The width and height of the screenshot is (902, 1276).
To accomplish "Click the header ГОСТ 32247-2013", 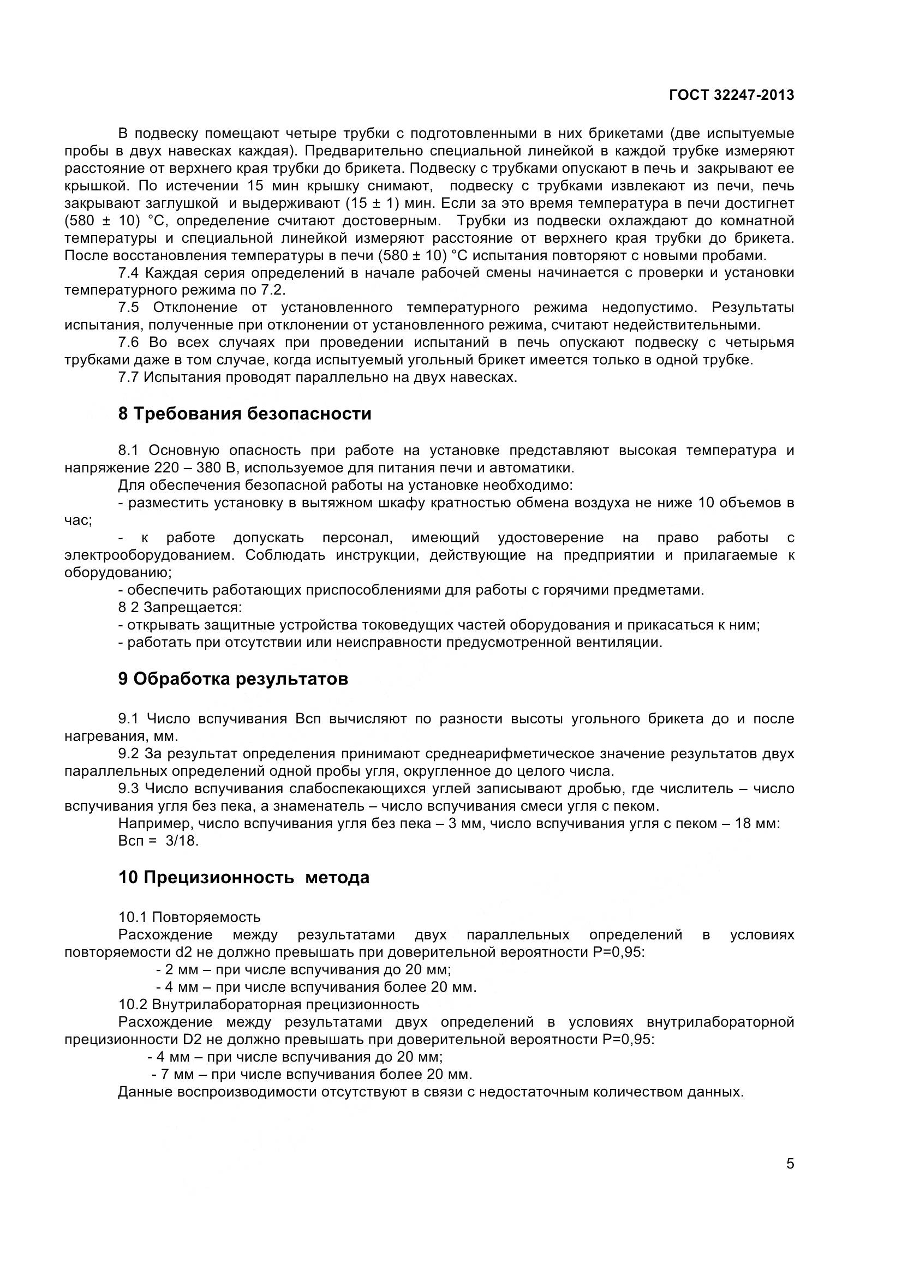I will click(x=731, y=95).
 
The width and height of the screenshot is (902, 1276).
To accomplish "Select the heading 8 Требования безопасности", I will click(x=244, y=414).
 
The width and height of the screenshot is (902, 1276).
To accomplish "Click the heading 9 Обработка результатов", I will click(x=233, y=679).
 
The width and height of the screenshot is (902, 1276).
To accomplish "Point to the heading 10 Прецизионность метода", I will click(x=243, y=878).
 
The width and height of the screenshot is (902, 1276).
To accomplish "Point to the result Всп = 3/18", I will click(x=158, y=841).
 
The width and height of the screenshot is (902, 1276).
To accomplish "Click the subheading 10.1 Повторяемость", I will click(x=189, y=917).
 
